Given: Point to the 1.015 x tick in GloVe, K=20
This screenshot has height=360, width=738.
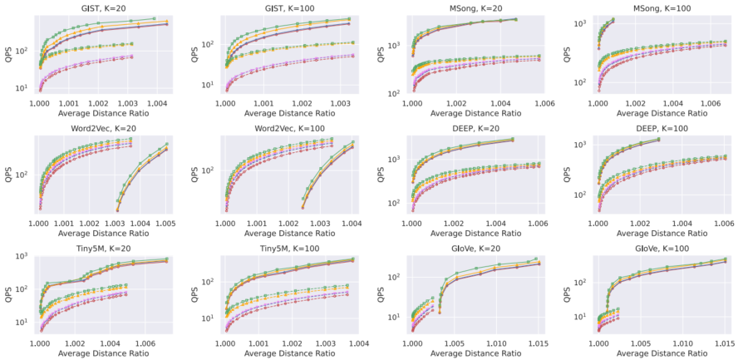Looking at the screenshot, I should pos(539,341).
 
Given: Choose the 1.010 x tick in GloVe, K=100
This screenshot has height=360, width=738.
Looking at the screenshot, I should pos(683,341).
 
